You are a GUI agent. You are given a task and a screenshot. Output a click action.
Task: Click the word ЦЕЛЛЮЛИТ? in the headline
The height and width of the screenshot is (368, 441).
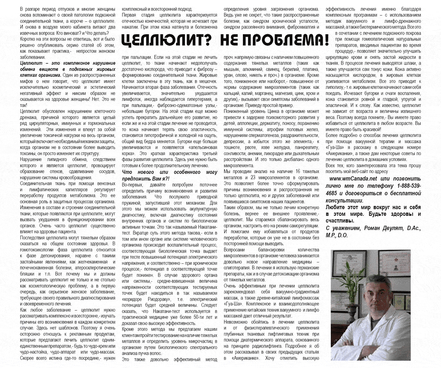(x=167, y=40)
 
